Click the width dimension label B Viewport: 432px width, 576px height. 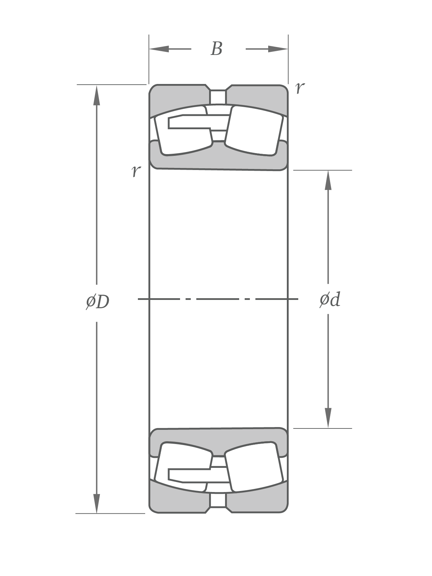[x=217, y=49]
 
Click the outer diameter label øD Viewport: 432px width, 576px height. [x=98, y=302]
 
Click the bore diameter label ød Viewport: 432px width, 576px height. [x=330, y=300]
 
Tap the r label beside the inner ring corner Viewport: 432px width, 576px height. [x=136, y=170]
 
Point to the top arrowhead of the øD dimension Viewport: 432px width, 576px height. [x=97, y=95]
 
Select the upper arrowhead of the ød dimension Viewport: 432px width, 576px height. [x=328, y=180]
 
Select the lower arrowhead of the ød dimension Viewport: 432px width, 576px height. [x=328, y=418]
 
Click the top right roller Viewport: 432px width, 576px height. [x=254, y=130]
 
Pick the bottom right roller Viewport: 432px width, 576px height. [x=254, y=467]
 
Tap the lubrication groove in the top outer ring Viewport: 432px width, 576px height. [x=218, y=97]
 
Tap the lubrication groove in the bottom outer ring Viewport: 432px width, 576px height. [x=218, y=501]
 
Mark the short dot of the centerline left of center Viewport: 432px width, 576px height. [x=188, y=299]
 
